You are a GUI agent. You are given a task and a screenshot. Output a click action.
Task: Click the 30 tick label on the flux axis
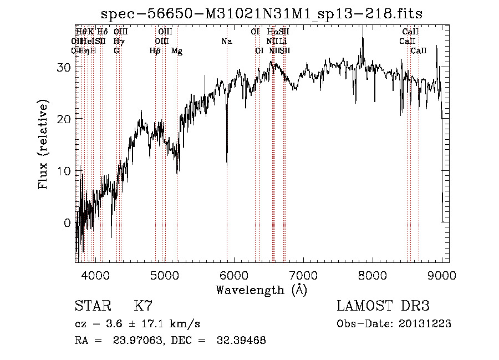(64, 67)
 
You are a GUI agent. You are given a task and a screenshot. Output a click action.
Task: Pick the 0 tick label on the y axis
(68, 223)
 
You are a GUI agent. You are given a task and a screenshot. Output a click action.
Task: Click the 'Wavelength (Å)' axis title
(261, 290)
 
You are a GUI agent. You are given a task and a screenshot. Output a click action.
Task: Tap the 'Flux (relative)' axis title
(43, 144)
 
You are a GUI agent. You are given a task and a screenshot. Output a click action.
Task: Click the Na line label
(226, 41)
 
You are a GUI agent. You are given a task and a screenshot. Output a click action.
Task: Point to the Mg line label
(176, 51)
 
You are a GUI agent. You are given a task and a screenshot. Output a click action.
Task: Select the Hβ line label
(155, 51)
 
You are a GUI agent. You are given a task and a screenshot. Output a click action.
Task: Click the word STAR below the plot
(91, 306)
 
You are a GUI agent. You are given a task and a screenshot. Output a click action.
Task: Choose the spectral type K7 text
(143, 306)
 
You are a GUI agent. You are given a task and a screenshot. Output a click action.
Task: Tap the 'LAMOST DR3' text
(383, 306)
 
